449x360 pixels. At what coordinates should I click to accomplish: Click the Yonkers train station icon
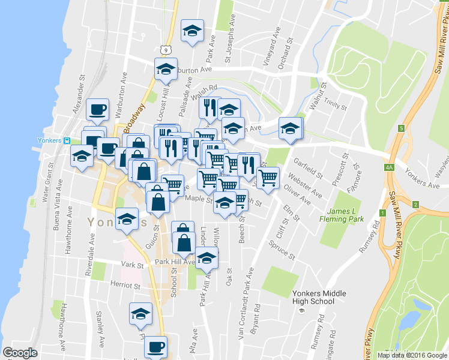coord(68,141)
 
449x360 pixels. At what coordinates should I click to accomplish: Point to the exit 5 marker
coord(400,128)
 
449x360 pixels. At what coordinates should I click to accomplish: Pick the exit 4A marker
coord(389,169)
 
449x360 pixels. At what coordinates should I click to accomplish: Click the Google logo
coord(20,353)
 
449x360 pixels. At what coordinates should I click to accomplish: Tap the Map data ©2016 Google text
coord(411,355)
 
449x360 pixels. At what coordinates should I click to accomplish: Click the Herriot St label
coord(125,283)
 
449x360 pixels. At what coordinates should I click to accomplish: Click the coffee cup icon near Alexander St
coord(98,110)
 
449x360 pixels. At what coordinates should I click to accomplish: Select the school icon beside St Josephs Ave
coord(192,31)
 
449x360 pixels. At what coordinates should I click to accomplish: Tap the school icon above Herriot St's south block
coord(141,314)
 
